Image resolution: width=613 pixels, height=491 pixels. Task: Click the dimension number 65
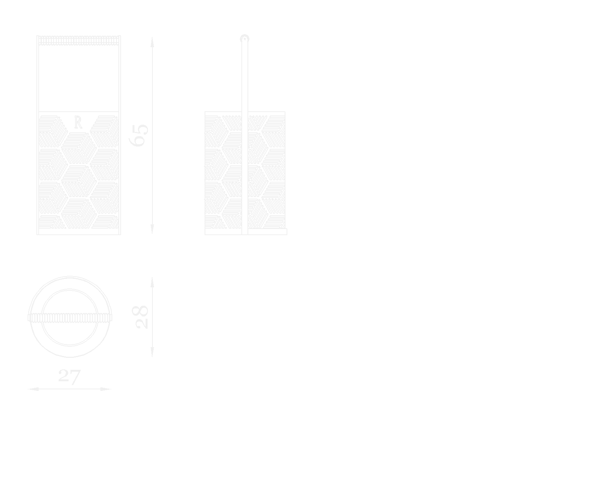(139, 135)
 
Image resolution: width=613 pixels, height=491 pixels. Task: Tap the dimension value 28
(142, 317)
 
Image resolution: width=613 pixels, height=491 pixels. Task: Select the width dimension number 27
(69, 376)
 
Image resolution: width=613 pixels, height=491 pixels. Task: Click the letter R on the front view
(78, 123)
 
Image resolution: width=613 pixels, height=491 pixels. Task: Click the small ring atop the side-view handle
(244, 39)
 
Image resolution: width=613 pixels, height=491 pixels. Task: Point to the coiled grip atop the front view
(79, 40)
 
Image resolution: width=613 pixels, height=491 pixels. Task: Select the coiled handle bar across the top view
(70, 318)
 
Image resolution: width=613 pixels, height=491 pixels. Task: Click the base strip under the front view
(79, 232)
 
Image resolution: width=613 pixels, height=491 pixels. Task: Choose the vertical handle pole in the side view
(244, 77)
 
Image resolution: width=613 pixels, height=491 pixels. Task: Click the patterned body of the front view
(79, 173)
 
